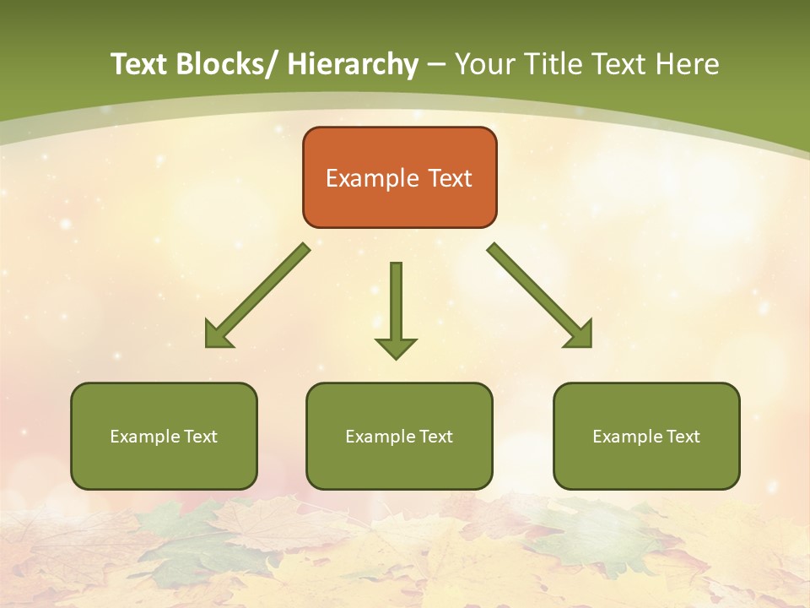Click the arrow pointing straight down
click(396, 308)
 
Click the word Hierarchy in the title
click(353, 64)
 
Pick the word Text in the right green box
click(683, 437)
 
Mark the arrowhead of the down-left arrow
click(218, 335)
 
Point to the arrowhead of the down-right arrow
click(580, 334)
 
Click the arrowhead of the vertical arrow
click(396, 348)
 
